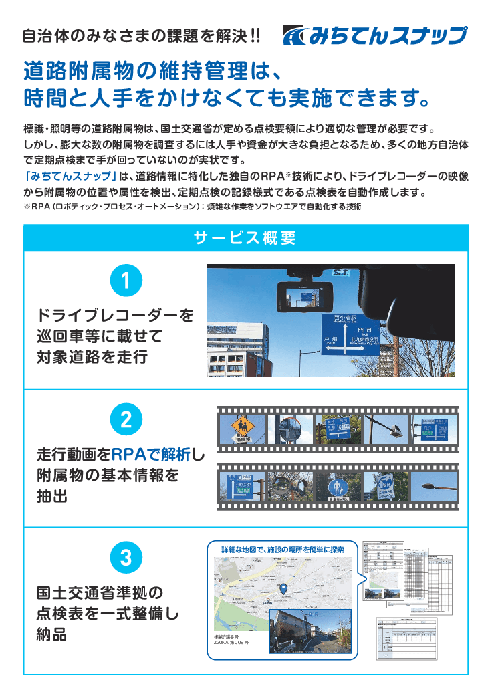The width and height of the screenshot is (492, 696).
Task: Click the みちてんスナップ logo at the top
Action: [x=374, y=35]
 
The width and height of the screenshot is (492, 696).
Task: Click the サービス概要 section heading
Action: [x=245, y=238]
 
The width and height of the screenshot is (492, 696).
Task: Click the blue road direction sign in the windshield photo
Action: [x=347, y=334]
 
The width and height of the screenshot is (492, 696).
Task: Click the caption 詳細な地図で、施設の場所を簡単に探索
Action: [x=283, y=550]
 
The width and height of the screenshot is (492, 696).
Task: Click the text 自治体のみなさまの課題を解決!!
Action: [x=141, y=36]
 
